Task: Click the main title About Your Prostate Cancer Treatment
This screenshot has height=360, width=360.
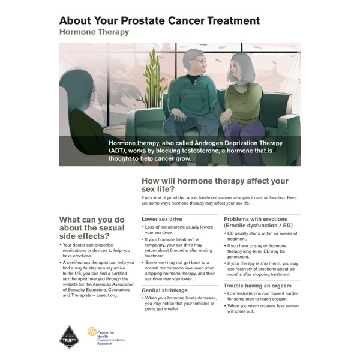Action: [160, 20]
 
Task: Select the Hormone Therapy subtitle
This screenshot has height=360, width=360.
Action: [94, 32]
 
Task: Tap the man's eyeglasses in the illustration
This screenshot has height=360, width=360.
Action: [201, 61]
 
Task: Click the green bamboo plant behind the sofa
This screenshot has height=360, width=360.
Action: [152, 78]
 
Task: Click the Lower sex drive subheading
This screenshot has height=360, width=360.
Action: [162, 219]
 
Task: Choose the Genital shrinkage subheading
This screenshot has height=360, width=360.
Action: [164, 290]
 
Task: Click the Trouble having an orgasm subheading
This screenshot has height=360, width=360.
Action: [257, 286]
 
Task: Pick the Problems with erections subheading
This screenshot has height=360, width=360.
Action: [256, 219]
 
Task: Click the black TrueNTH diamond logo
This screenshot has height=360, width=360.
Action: [70, 337]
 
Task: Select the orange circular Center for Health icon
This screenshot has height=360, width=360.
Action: [92, 332]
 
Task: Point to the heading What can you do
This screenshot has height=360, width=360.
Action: [92, 220]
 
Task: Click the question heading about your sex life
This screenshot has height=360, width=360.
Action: [215, 185]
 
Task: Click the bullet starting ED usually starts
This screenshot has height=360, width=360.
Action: [261, 236]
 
